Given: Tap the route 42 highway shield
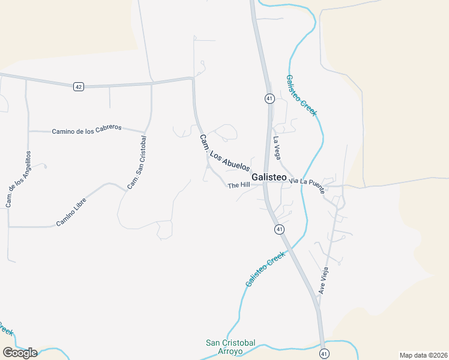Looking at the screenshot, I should [79, 86].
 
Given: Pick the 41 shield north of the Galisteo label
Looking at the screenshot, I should [270, 98].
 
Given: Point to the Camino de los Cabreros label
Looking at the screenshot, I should [86, 129].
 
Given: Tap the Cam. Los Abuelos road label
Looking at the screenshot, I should [224, 153].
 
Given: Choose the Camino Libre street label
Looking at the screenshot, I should [71, 212].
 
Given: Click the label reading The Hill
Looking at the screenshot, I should [238, 185].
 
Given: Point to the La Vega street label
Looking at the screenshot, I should [277, 148].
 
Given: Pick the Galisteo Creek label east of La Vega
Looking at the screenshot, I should [301, 95].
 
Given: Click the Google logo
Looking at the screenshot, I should [20, 353].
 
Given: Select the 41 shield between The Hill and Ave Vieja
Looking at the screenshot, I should [279, 229].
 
